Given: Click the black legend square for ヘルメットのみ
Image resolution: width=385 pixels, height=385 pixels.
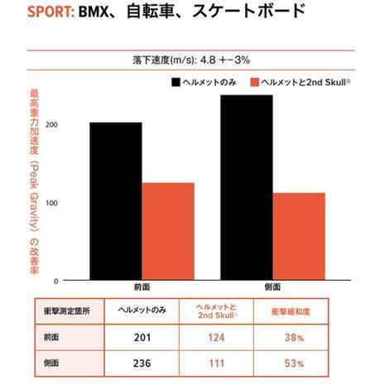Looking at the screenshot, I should [176, 82].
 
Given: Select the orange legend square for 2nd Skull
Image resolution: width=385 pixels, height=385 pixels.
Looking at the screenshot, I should [254, 82].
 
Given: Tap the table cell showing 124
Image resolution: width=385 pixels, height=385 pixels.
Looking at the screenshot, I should [218, 338].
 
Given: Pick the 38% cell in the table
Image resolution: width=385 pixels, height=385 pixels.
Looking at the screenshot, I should [294, 338].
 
